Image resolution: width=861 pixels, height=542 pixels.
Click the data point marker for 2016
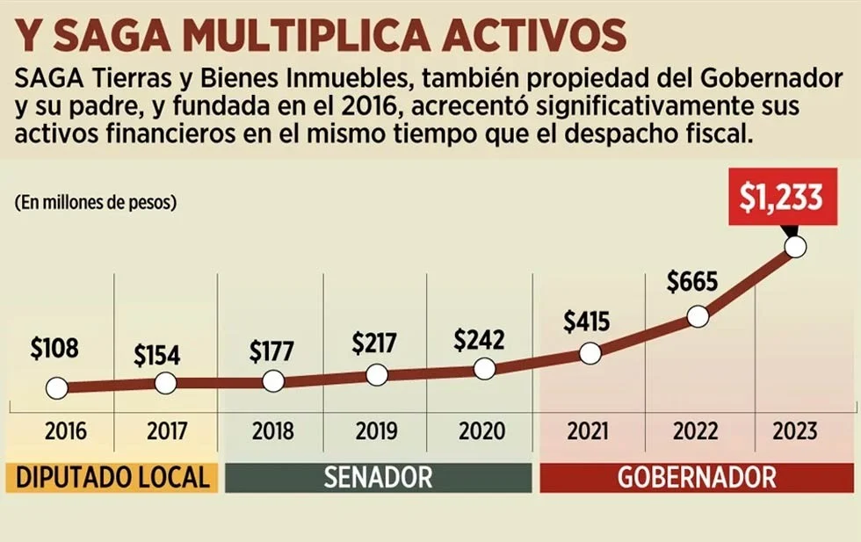56,387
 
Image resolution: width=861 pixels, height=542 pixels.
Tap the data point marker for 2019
376,374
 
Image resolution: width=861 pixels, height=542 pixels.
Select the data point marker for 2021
590,353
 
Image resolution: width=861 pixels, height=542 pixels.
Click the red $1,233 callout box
780,199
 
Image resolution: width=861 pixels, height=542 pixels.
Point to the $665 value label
692,282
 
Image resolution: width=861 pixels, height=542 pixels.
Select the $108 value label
54,349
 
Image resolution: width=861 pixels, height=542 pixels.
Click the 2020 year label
482,432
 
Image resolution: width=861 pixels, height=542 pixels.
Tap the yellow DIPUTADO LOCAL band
113,477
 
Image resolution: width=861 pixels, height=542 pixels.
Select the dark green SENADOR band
379,477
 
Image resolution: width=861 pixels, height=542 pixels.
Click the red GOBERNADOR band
697,477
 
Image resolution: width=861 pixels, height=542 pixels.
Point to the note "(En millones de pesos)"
96,202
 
